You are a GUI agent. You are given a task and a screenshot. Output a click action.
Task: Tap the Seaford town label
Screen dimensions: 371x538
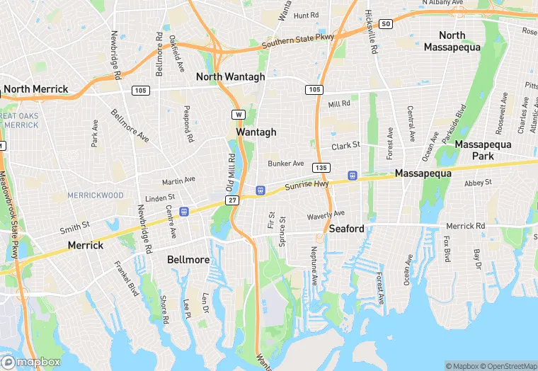click(346, 229)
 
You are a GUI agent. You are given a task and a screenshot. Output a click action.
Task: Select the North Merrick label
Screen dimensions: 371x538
click(35, 89)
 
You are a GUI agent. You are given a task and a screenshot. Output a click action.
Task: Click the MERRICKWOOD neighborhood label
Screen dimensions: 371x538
click(96, 195)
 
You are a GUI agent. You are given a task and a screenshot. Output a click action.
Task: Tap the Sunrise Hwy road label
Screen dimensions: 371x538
click(307, 185)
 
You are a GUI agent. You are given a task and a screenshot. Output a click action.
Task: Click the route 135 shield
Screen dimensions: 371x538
click(322, 167)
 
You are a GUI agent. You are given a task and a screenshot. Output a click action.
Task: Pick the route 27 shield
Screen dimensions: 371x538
click(232, 200)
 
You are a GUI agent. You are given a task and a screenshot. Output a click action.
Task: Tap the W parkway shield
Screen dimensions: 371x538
click(239, 114)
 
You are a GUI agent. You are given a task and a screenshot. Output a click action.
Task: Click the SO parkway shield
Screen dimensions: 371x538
click(385, 24)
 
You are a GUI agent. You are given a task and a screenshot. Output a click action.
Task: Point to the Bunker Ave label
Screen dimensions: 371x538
click(286, 164)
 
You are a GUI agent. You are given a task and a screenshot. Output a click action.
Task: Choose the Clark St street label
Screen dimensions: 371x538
click(346, 145)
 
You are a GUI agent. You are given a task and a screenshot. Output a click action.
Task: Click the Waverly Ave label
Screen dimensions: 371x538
click(326, 214)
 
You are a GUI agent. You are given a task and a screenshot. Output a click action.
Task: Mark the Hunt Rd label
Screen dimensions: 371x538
click(307, 15)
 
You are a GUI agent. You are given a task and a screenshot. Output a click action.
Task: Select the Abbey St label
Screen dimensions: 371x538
click(478, 183)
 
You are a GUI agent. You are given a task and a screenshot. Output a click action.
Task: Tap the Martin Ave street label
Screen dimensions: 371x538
click(178, 180)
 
